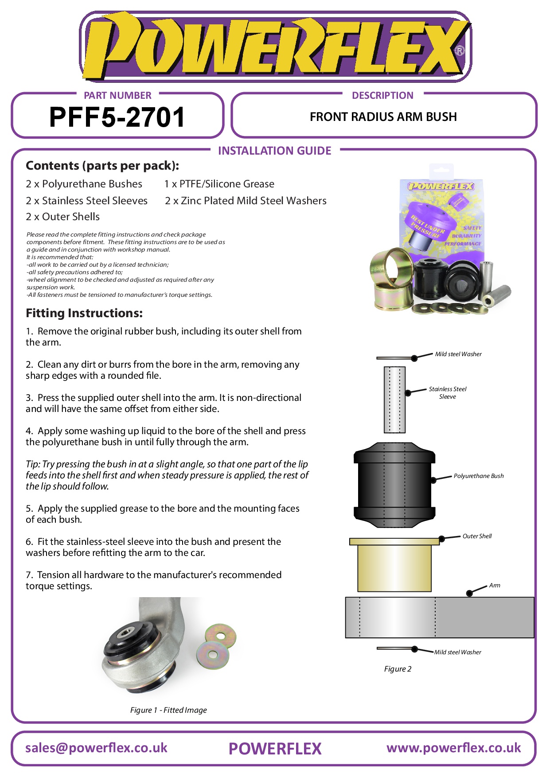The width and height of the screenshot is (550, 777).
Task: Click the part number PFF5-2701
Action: click(117, 117)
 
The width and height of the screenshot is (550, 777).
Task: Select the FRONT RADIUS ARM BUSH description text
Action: click(383, 117)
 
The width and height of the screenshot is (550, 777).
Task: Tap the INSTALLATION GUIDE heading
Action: click(274, 151)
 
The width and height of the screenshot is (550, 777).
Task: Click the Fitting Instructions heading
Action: click(84, 313)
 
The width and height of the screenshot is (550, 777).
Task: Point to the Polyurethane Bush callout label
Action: click(478, 476)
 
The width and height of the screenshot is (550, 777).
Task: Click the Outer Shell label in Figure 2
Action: click(477, 536)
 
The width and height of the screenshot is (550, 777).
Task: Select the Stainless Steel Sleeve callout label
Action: click(447, 393)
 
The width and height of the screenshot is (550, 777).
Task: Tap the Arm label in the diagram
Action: click(495, 586)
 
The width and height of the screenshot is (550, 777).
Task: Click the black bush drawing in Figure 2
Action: click(394, 485)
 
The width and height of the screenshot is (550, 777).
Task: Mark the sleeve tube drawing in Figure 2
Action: click(394, 400)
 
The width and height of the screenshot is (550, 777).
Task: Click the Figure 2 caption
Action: click(398, 669)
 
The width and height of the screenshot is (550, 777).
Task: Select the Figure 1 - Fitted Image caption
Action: click(168, 710)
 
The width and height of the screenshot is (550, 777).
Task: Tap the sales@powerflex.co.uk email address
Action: click(96, 748)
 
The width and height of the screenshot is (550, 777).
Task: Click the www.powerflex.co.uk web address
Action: click(453, 748)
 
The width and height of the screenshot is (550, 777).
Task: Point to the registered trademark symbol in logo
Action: click(460, 51)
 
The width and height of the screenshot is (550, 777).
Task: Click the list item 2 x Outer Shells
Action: click(62, 217)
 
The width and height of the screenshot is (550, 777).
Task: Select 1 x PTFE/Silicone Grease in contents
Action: click(219, 184)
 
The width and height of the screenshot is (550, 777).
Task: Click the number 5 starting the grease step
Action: click(28, 509)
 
